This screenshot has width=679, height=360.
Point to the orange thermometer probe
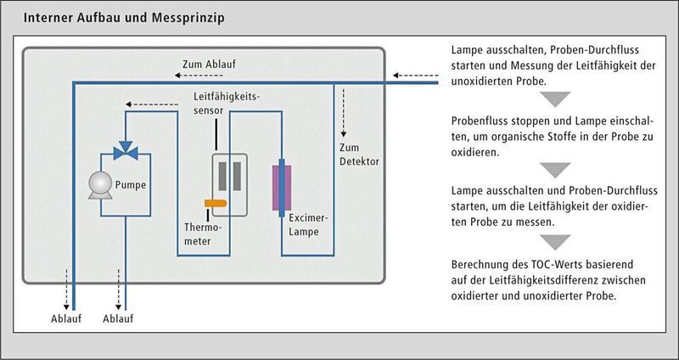(215, 203)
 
